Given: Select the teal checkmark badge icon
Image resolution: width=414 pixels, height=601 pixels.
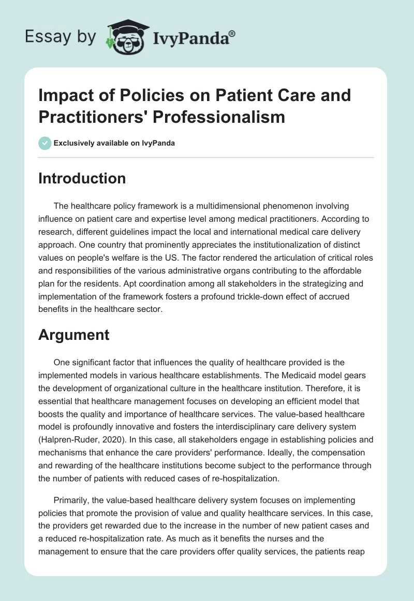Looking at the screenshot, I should (45, 144).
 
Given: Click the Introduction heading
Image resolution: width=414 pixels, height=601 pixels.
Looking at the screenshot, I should (82, 178).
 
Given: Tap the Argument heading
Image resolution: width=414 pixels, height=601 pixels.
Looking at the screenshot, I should (73, 335).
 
